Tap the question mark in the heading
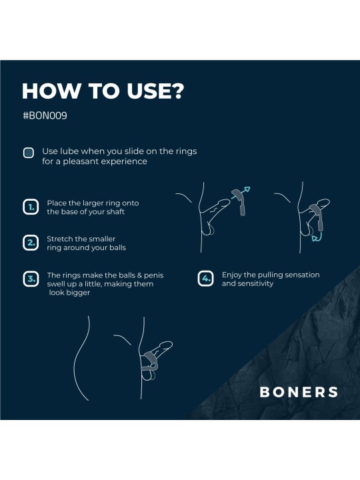point(175,91)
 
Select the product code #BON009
point(45,115)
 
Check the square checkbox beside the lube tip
point(29,153)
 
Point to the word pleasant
point(81,161)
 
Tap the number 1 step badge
point(30,207)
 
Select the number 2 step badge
point(30,243)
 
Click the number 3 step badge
point(30,279)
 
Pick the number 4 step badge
point(206,279)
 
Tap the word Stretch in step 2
point(60,239)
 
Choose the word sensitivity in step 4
point(255,284)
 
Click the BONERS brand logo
point(299,392)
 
